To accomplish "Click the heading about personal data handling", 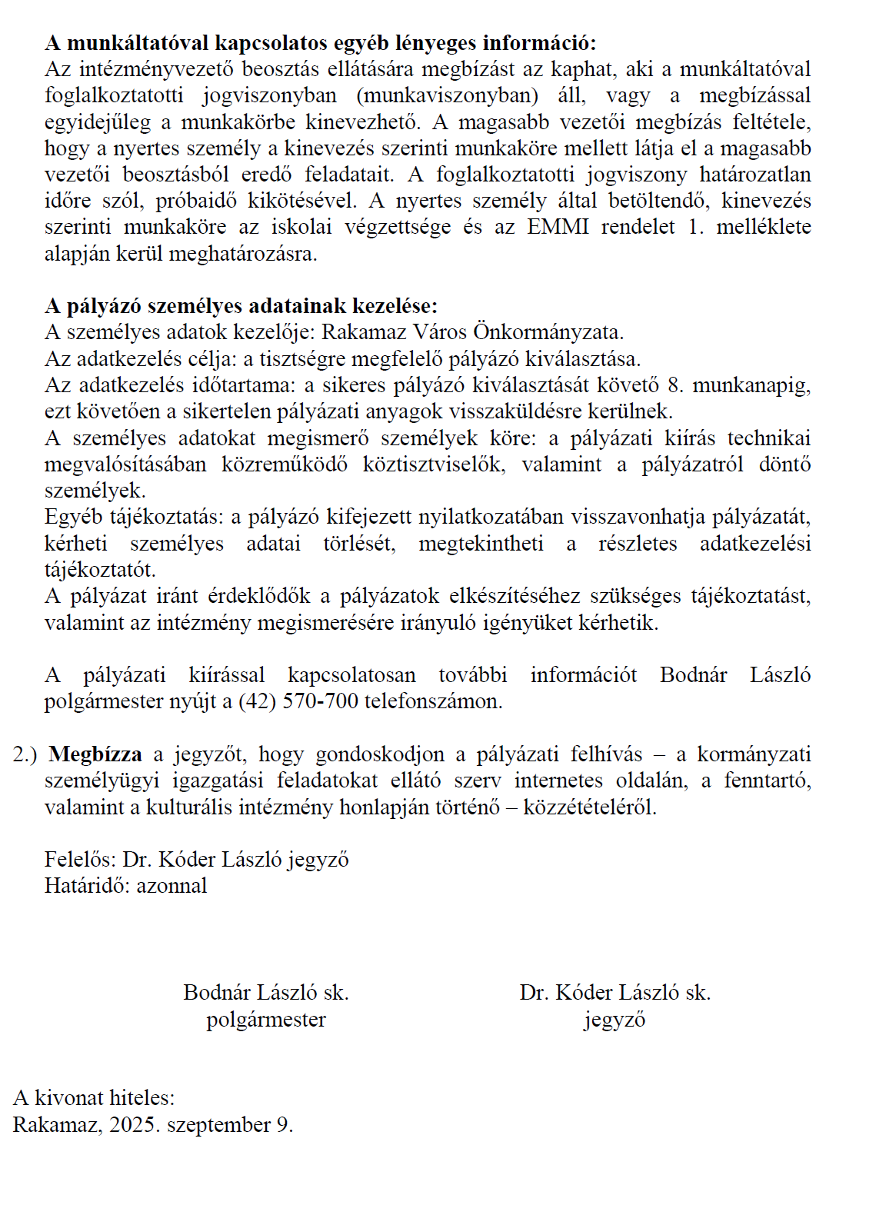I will [x=241, y=306].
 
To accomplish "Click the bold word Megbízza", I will [x=95, y=754].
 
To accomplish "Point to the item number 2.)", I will [x=25, y=754].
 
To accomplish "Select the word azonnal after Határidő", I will [x=172, y=885].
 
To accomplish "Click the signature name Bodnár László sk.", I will [x=266, y=992].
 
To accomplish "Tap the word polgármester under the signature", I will [x=266, y=1019].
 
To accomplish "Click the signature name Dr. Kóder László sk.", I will [x=615, y=992].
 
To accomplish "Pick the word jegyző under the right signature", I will [x=615, y=1020].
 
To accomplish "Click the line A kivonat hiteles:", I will [x=94, y=1097].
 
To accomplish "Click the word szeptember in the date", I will [x=218, y=1125].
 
